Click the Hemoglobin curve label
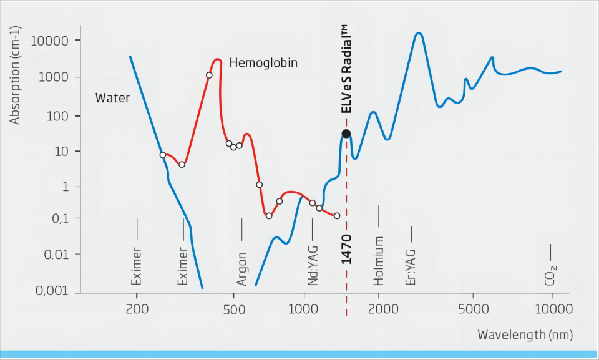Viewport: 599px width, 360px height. click(263, 63)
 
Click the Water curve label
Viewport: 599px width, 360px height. click(112, 98)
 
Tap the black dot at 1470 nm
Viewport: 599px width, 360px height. click(346, 134)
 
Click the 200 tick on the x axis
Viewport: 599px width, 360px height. click(137, 309)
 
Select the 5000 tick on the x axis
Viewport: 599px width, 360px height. click(472, 309)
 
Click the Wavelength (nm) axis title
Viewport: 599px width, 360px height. click(525, 335)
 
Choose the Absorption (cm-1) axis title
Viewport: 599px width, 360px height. click(16, 74)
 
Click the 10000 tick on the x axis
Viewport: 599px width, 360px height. click(552, 309)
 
